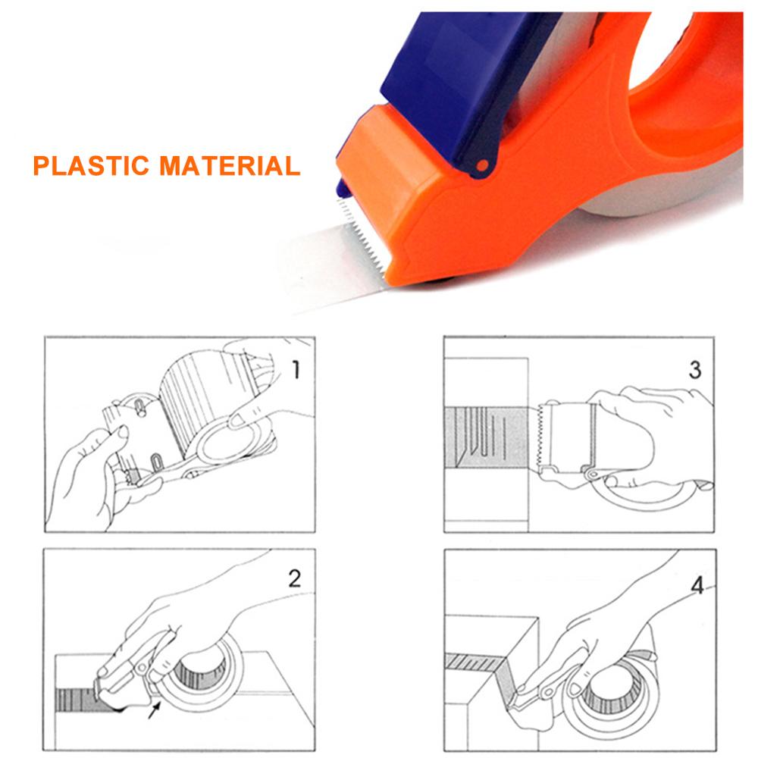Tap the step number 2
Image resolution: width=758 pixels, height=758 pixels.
(x=294, y=580)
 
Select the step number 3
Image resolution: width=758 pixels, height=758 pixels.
(x=695, y=370)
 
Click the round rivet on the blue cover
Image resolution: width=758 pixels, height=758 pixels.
(x=480, y=166)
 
